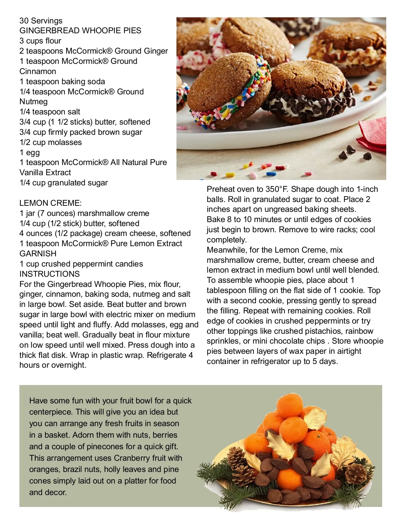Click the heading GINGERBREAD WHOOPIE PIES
click(80, 31)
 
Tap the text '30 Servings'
click(41, 21)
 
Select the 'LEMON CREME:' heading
click(50, 203)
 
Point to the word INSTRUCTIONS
click(49, 274)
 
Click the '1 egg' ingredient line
click(30, 152)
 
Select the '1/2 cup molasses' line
click(50, 142)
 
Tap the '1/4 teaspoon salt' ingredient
click(50, 112)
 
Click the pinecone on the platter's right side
click(356, 474)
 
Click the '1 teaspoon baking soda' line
click(62, 81)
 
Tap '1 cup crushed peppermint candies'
click(81, 264)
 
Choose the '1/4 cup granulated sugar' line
click(63, 183)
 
